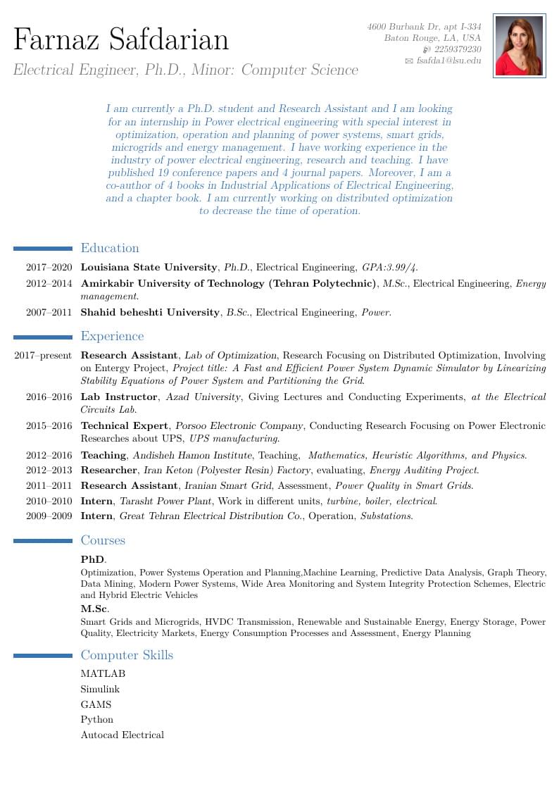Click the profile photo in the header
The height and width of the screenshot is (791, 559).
(x=519, y=45)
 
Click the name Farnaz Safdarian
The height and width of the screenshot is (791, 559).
(x=121, y=39)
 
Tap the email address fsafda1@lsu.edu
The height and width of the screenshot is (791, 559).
(x=448, y=61)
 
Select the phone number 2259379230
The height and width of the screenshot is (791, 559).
(x=458, y=49)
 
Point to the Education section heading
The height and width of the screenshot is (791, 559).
(x=110, y=248)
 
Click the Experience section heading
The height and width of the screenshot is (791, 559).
(x=112, y=336)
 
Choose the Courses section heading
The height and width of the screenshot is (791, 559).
(x=103, y=540)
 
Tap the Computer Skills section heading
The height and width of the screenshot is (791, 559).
(x=127, y=655)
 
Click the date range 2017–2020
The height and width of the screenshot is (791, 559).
(x=49, y=268)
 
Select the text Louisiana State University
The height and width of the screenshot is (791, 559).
(x=149, y=268)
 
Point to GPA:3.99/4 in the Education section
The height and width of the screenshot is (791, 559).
(x=389, y=268)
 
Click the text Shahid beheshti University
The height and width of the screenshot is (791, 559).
(x=150, y=312)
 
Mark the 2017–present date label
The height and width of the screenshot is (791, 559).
(x=43, y=356)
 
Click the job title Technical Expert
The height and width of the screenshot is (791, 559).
(x=125, y=425)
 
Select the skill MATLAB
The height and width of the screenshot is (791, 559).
(x=103, y=674)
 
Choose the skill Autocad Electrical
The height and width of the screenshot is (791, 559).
(x=122, y=735)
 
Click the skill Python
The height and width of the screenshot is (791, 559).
(x=96, y=719)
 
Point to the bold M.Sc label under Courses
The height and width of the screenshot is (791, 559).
(x=94, y=608)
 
